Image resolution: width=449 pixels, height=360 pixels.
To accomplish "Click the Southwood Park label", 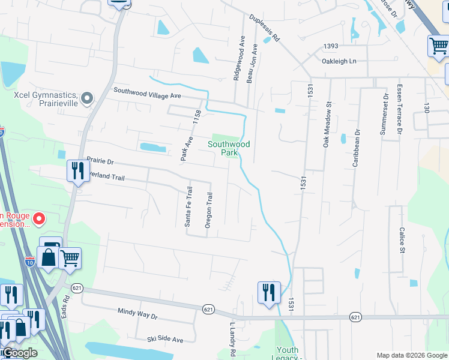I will [229, 148].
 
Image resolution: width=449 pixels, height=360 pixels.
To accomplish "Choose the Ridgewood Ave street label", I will [243, 58].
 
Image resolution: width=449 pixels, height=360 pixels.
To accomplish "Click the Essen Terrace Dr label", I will [399, 109].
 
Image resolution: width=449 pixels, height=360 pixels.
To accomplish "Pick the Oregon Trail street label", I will [209, 210].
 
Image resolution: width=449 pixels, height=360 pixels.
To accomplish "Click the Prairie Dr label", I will [100, 161].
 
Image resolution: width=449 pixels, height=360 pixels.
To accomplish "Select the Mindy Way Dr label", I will [137, 315].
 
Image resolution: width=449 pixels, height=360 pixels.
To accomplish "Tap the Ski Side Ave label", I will [165, 340].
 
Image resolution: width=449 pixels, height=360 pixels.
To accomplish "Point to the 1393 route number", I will [331, 46].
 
